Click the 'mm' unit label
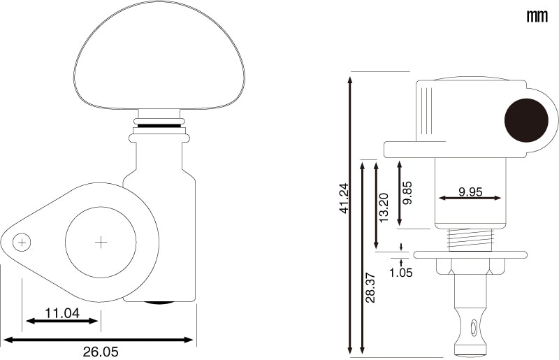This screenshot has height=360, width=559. [537, 16]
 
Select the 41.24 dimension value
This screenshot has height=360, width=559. [344, 199]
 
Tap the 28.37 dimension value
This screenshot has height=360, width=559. [371, 287]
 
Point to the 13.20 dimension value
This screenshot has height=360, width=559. [384, 208]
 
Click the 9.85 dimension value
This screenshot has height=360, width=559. [407, 193]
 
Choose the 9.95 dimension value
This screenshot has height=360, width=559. [470, 192]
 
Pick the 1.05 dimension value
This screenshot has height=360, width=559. [400, 273]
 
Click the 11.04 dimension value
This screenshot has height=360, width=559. [62, 313]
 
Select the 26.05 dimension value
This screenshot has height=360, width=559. [101, 352]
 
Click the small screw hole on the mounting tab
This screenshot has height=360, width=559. [22, 243]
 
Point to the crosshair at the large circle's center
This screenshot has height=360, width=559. [101, 243]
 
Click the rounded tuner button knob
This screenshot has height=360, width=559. [159, 55]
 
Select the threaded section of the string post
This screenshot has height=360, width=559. [470, 240]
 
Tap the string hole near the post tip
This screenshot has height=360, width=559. [474, 327]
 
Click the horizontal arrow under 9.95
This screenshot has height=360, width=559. [470, 198]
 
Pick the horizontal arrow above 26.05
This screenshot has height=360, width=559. [98, 340]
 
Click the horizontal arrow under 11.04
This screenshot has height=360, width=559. [61, 321]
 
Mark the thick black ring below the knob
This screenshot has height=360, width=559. [159, 126]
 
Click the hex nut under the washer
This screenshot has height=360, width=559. [470, 266]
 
